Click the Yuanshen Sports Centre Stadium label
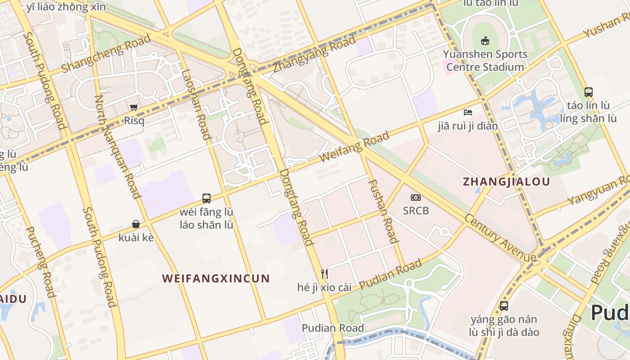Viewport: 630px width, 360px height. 485,61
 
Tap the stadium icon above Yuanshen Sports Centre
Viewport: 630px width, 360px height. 485,41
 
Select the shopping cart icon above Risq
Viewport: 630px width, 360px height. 134,107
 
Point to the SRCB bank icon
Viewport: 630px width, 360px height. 415,198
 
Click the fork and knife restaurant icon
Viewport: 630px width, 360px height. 324,273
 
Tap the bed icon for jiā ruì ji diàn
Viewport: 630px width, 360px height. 468,112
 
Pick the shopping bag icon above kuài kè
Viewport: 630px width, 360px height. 135,224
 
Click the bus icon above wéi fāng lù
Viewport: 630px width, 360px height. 207,198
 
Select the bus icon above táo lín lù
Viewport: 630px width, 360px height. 588,92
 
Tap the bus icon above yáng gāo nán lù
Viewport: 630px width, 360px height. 504,306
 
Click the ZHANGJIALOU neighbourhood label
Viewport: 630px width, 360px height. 506,182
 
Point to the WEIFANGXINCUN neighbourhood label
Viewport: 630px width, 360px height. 216,278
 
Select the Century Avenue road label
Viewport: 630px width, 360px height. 500,238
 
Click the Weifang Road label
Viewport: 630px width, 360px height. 354,147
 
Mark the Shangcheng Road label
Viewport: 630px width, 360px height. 106,54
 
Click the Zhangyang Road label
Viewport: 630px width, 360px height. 315,54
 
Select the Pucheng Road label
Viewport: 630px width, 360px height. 40,262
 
